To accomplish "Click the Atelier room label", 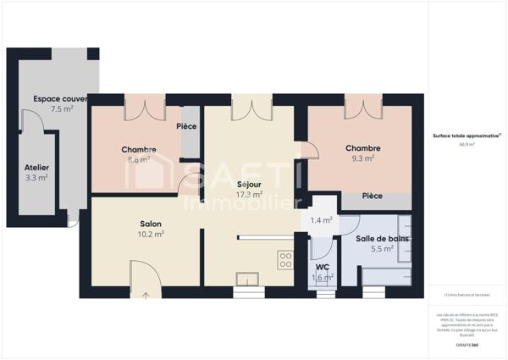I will tap(36, 167).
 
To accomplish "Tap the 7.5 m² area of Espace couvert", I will tap(62, 109).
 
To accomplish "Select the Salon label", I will tap(151, 224).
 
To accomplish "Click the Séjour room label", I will tap(248, 184).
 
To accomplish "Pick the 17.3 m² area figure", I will tap(248, 194).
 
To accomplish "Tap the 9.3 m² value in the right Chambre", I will tap(362, 158).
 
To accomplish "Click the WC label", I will tap(322, 267).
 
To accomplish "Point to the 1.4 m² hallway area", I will tap(321, 220).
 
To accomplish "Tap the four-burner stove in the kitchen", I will tap(285, 260).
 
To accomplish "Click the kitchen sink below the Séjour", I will tap(248, 280).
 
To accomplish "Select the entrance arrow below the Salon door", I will tap(145, 295).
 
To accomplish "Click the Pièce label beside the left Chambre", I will tap(186, 127).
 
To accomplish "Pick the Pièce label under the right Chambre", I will tap(372, 196).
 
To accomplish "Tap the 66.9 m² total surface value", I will tap(467, 145).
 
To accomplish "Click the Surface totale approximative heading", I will tap(465, 136).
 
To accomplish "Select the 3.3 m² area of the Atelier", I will tap(36, 178).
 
